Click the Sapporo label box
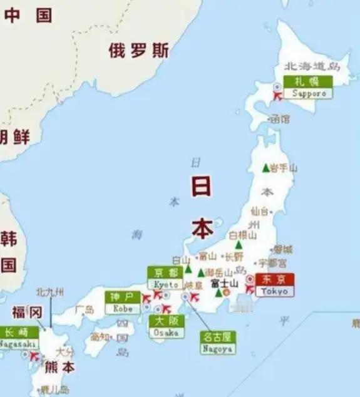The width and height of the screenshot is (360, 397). pos(307,87)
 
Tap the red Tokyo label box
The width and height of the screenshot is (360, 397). pos(275,285)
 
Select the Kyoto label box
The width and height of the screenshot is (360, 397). pos(166,278)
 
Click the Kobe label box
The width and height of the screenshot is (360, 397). pos(123,302)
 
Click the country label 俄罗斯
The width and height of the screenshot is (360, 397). pos(138,51)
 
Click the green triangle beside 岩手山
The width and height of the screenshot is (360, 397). pos(265,167)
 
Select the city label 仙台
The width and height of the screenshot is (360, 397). pos(262,211)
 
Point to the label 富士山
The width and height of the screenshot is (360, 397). pos(224,283)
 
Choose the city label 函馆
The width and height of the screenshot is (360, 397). pos(280,118)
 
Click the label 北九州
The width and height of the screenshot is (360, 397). pos(50,292)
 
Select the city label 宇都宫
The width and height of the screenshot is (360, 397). pos(272,262)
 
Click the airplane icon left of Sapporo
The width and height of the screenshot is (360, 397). pos(276,93)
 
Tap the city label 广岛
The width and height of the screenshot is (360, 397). pos(85,309)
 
